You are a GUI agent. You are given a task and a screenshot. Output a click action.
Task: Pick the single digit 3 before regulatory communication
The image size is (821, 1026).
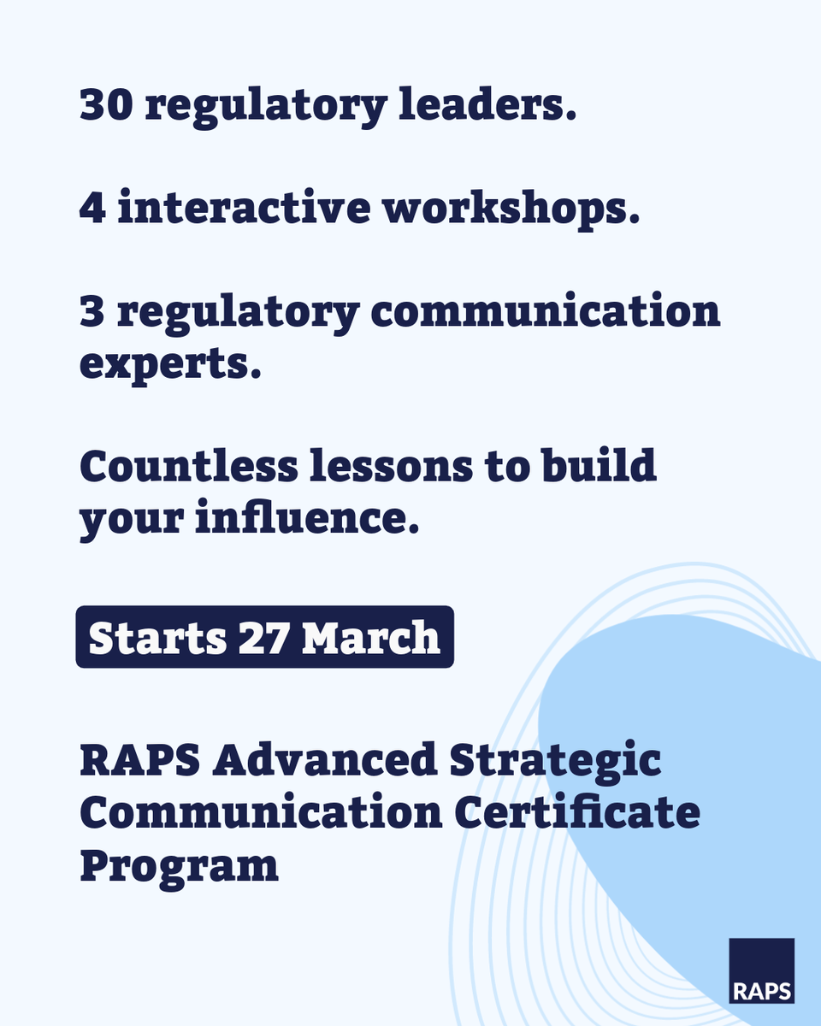(91, 313)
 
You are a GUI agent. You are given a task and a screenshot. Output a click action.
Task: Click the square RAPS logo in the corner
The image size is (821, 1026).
(761, 970)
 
